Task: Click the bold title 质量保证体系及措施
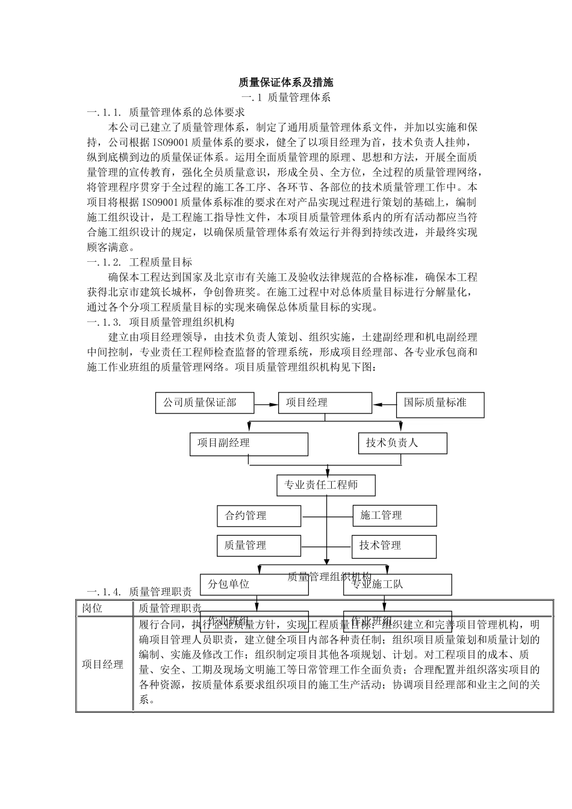click(x=286, y=82)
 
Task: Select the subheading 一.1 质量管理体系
click(x=286, y=98)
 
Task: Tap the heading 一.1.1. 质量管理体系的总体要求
click(x=166, y=113)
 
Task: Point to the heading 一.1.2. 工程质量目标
click(x=140, y=262)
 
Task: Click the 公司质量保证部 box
click(x=205, y=403)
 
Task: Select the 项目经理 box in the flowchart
click(x=325, y=403)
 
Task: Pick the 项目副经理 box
click(x=249, y=444)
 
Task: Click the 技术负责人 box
click(x=402, y=443)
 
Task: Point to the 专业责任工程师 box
click(x=326, y=485)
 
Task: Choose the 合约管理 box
click(x=259, y=516)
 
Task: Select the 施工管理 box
click(x=394, y=516)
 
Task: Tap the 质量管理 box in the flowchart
click(x=259, y=546)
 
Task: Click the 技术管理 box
click(x=394, y=546)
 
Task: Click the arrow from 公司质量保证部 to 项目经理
click(x=266, y=403)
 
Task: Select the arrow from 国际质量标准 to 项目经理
click(x=384, y=403)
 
